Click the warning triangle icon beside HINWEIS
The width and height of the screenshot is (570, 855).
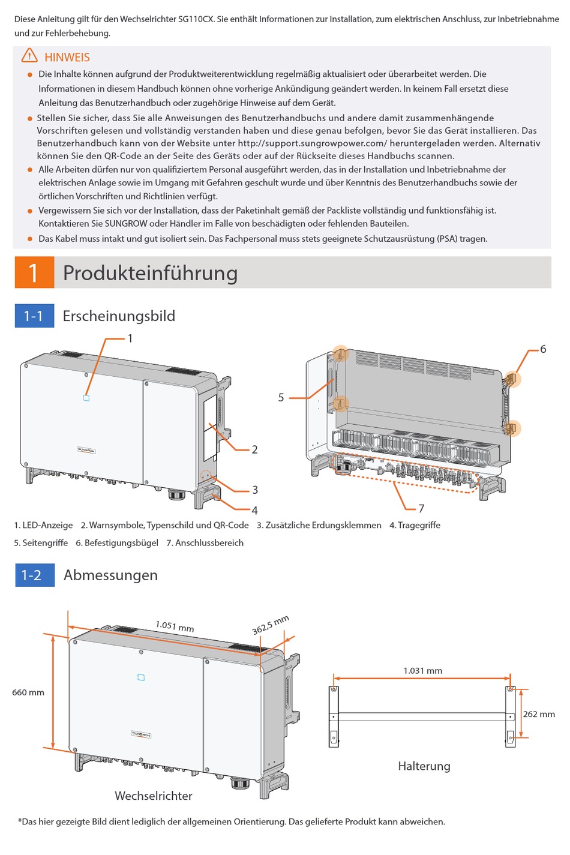click(x=29, y=56)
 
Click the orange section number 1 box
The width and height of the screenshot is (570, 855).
click(x=34, y=272)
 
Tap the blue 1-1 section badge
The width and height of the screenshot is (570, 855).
click(x=34, y=316)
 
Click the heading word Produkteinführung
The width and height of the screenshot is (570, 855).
click(x=150, y=273)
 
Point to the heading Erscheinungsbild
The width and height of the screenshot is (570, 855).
click(x=119, y=316)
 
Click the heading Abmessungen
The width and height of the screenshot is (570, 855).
click(x=110, y=575)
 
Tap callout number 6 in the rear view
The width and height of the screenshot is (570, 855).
click(x=543, y=349)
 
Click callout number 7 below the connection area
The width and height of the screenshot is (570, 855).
click(x=421, y=508)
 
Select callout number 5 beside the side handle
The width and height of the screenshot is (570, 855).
click(x=281, y=397)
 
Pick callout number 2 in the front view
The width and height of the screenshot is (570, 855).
click(x=254, y=449)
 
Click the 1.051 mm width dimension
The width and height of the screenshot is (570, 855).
click(x=175, y=626)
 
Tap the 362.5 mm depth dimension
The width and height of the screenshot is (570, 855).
click(x=271, y=625)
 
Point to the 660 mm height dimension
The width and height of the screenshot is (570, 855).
click(x=28, y=692)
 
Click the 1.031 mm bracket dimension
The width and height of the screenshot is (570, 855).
click(x=422, y=671)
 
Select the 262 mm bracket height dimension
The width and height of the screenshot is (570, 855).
click(x=539, y=714)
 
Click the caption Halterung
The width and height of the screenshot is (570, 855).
click(x=424, y=766)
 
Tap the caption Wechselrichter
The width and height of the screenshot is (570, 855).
click(x=154, y=796)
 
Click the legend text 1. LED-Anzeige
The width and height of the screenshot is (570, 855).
click(x=43, y=525)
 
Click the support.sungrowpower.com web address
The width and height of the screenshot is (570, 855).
click(x=312, y=143)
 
